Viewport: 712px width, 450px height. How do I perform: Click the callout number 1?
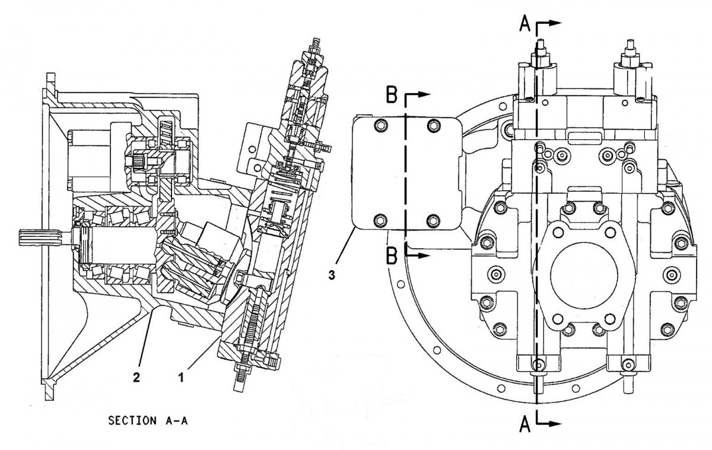click(x=182, y=376)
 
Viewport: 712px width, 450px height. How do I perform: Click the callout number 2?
click(x=136, y=376)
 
